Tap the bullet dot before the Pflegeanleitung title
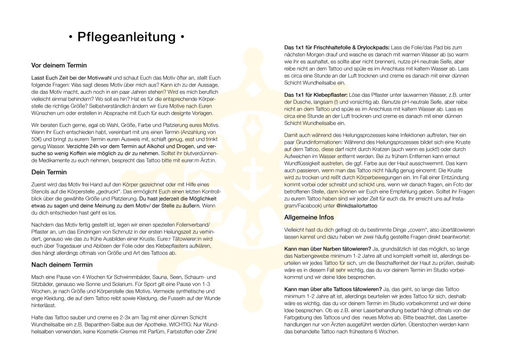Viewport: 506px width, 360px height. point(70,38)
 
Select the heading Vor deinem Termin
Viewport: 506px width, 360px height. point(59,66)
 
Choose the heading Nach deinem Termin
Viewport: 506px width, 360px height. point(62,265)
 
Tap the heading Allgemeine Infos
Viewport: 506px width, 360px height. point(309,217)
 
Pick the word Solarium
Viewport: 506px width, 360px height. point(130,285)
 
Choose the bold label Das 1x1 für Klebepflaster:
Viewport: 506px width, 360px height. point(316,94)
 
